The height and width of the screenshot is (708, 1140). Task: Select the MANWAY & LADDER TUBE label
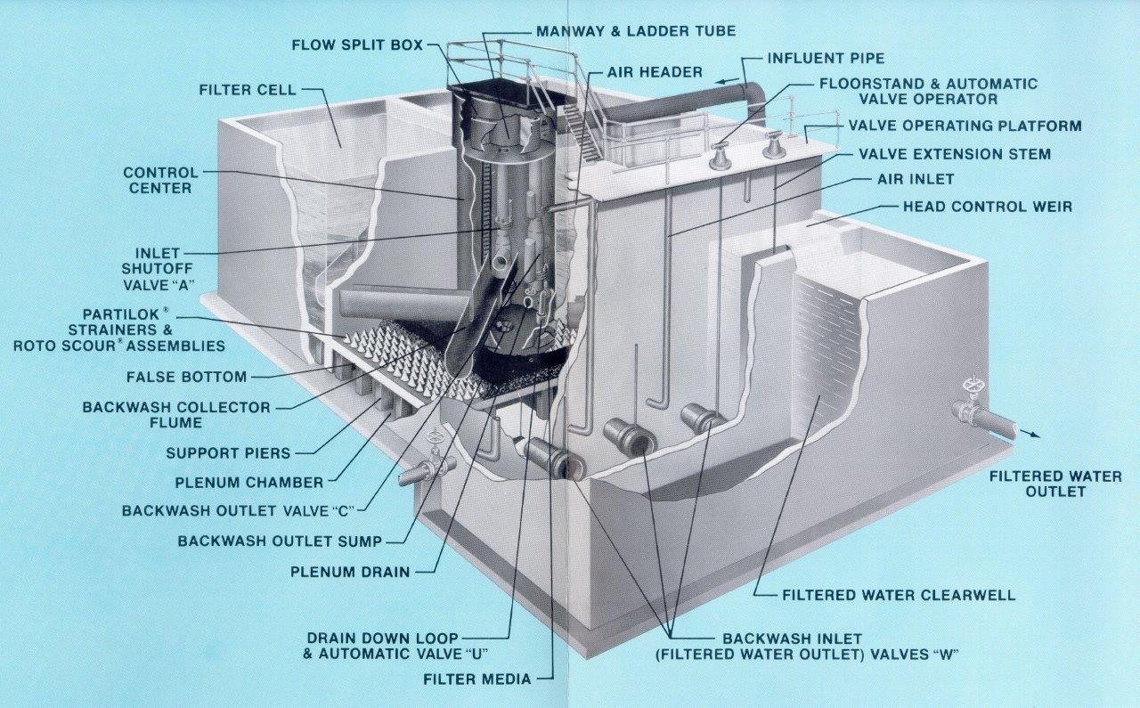635,31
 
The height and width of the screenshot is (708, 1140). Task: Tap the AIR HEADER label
655,71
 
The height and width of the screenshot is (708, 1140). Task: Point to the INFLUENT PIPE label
826,59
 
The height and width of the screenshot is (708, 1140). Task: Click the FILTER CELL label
247,90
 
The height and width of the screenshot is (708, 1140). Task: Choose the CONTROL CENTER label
160,180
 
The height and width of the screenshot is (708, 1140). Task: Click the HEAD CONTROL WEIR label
987,207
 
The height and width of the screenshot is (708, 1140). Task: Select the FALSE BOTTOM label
186,377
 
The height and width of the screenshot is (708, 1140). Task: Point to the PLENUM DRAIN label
350,572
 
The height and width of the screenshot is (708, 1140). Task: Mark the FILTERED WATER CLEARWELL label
898,595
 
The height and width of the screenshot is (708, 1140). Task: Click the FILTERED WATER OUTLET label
1055,484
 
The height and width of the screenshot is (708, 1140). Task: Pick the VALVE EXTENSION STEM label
954,154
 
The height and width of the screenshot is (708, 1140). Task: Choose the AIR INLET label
915,179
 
